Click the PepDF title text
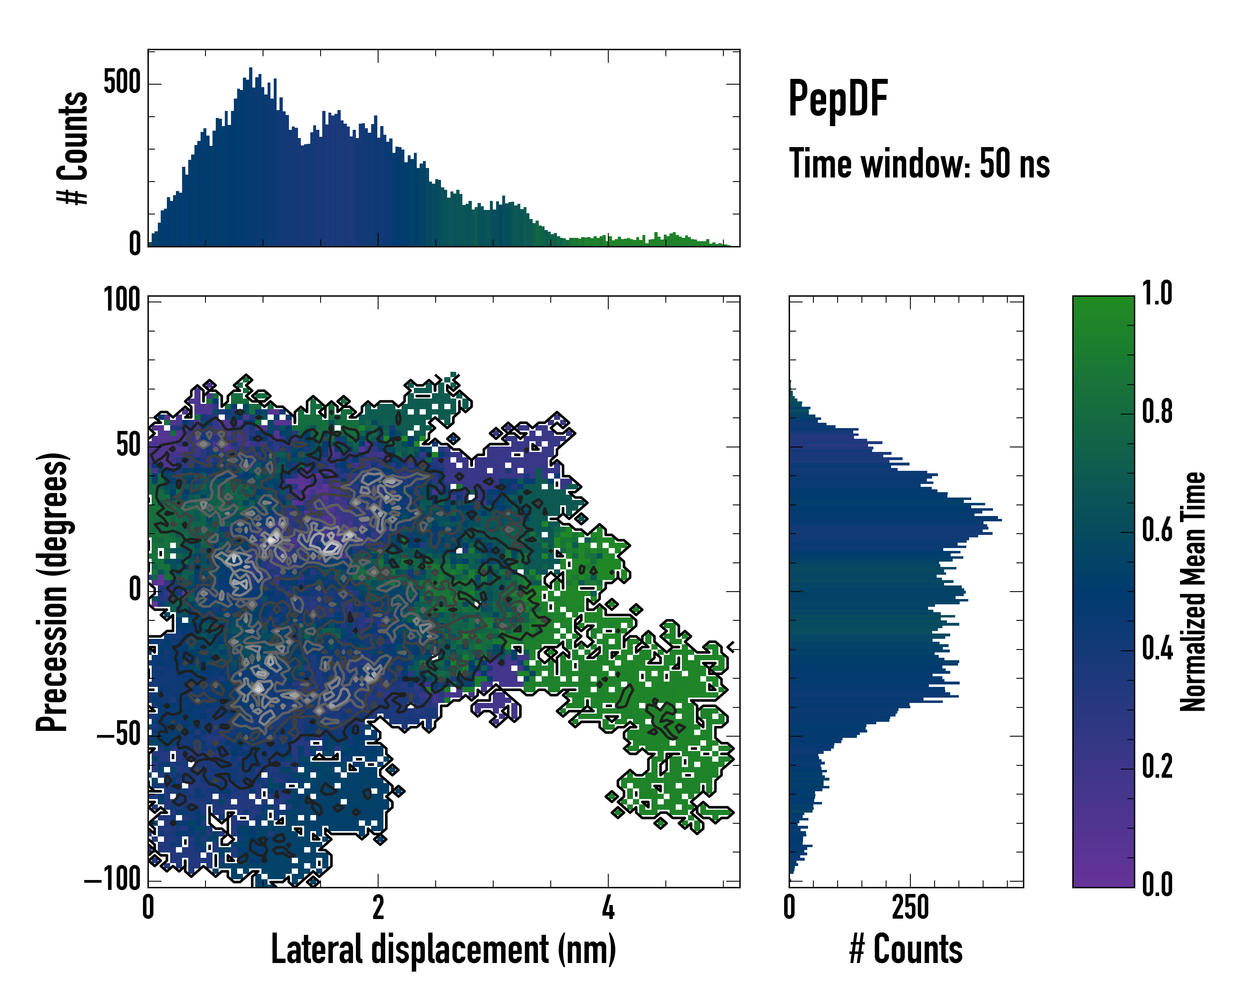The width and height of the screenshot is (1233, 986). point(837,99)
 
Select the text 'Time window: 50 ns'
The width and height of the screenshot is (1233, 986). point(919,164)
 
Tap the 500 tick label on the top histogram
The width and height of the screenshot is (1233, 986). point(122,83)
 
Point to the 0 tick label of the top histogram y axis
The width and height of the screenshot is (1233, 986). point(135,244)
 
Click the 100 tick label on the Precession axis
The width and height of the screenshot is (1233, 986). point(121,299)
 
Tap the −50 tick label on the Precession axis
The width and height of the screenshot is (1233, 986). point(119,735)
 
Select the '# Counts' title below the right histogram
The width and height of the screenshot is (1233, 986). point(906,949)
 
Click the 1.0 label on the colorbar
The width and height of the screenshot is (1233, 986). point(1157,294)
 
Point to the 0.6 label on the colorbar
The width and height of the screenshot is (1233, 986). point(1157,530)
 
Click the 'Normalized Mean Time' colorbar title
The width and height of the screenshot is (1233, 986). point(1193,592)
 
